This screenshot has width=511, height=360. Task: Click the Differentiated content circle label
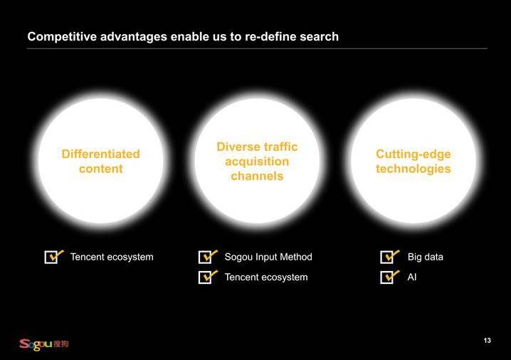100,162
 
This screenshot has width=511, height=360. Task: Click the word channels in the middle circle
257,176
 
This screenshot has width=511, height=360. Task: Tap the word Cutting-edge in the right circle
413,154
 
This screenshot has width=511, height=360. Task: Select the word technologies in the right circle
413,169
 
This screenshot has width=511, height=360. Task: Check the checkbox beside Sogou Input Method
206,257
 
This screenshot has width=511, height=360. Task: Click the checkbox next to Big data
388,257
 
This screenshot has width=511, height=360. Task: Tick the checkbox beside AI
388,277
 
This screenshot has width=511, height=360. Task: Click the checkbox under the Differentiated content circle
52,257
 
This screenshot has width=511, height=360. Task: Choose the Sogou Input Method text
268,257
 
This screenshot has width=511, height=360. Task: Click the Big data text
426,257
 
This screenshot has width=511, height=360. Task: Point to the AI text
412,277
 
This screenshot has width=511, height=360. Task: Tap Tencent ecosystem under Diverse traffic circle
266,277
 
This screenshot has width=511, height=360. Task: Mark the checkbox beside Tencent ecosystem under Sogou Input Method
206,277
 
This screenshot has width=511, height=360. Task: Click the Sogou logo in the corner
44,344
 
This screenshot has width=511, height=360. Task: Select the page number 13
488,341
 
